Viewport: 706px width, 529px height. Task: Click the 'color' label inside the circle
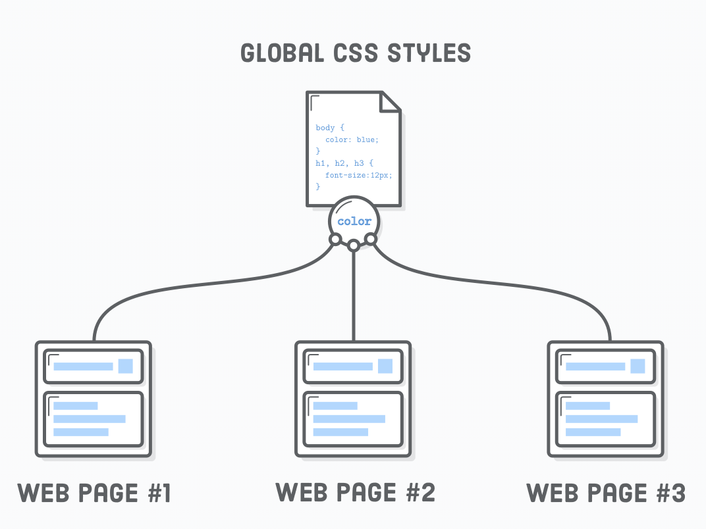click(x=354, y=222)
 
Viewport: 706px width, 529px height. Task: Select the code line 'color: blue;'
click(x=352, y=139)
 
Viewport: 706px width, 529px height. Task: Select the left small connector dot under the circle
click(x=335, y=239)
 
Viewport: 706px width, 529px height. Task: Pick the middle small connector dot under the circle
click(x=354, y=245)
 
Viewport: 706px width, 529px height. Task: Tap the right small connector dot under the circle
click(x=371, y=239)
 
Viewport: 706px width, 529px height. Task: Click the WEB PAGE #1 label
click(x=94, y=493)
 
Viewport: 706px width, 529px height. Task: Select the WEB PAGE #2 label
click(x=355, y=492)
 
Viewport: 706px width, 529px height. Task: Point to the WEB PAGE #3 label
click(x=606, y=493)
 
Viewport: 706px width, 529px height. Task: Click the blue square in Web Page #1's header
click(x=126, y=366)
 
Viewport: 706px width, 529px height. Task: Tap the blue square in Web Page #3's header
click(x=638, y=366)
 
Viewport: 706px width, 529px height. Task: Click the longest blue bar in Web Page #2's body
click(x=349, y=419)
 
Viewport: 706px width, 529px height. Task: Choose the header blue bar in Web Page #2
click(x=342, y=366)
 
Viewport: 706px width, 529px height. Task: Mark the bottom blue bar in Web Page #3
click(x=593, y=432)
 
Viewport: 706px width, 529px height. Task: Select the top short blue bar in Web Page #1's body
click(x=76, y=406)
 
